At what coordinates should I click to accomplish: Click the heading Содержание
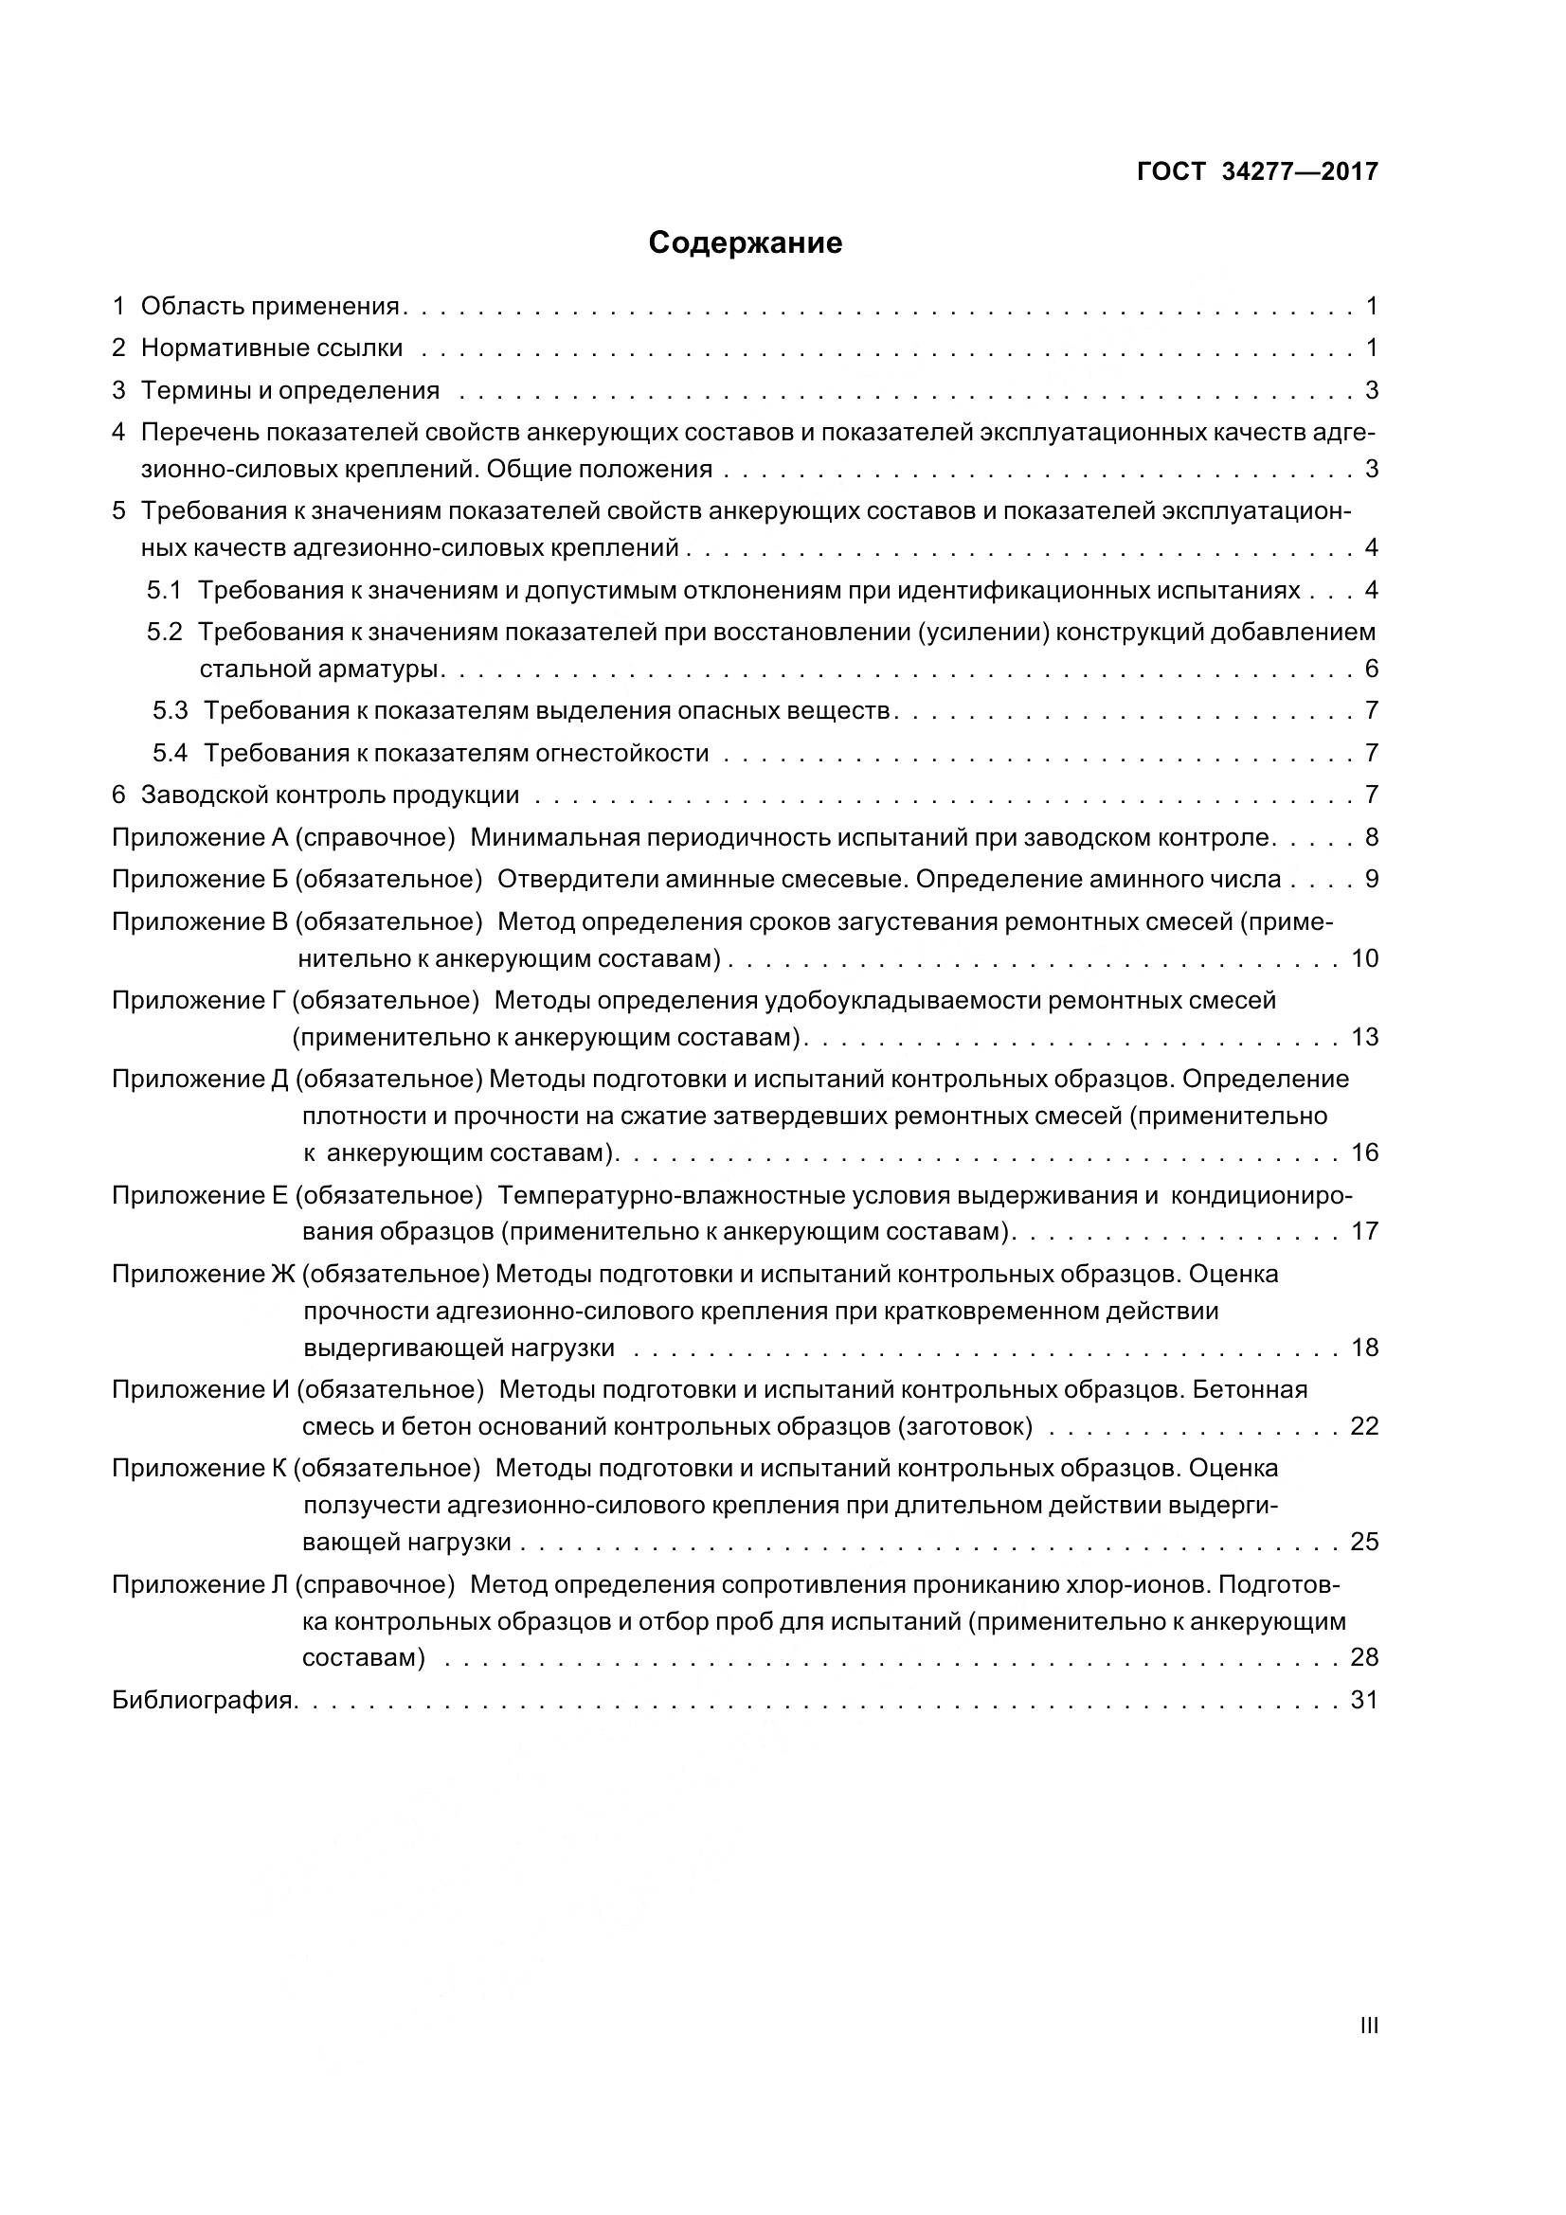[745, 243]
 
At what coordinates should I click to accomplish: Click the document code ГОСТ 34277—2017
[1256, 171]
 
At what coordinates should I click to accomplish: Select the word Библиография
[203, 1700]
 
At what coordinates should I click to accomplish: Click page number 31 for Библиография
[1364, 1700]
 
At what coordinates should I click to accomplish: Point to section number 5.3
[170, 711]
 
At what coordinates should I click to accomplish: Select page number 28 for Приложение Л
[1364, 1657]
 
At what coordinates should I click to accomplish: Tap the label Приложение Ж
[203, 1275]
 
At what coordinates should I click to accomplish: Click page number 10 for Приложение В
[1364, 959]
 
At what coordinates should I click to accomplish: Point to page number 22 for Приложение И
[1364, 1426]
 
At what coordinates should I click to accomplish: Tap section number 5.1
[164, 590]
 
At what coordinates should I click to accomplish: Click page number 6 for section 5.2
[1371, 669]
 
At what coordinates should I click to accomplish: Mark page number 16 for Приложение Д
[1364, 1152]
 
